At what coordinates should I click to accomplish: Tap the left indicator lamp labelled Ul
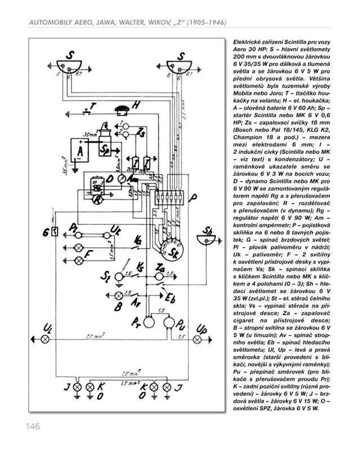[47, 339]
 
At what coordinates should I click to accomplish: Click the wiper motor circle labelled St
[119, 277]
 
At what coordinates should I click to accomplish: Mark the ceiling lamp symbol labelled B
[119, 295]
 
